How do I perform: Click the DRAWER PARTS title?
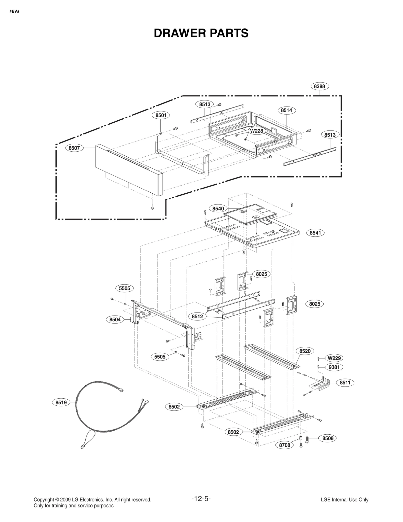[x=201, y=33]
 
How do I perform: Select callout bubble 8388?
[x=319, y=86]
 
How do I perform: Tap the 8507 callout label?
[x=74, y=148]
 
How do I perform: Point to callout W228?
[x=256, y=131]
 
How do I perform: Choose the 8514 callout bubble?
[x=286, y=110]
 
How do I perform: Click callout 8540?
[x=218, y=208]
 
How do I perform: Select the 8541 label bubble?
[x=315, y=233]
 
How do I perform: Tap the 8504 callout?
[x=115, y=320]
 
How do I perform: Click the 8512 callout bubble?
[x=197, y=317]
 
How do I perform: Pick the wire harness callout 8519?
[x=61, y=402]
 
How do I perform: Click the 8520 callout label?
[x=305, y=351]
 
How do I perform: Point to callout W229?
[x=334, y=358]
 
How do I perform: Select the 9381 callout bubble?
[x=334, y=367]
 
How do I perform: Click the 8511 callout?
[x=345, y=383]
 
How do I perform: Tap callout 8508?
[x=328, y=438]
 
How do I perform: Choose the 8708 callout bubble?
[x=285, y=445]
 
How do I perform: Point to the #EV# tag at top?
[x=14, y=12]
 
